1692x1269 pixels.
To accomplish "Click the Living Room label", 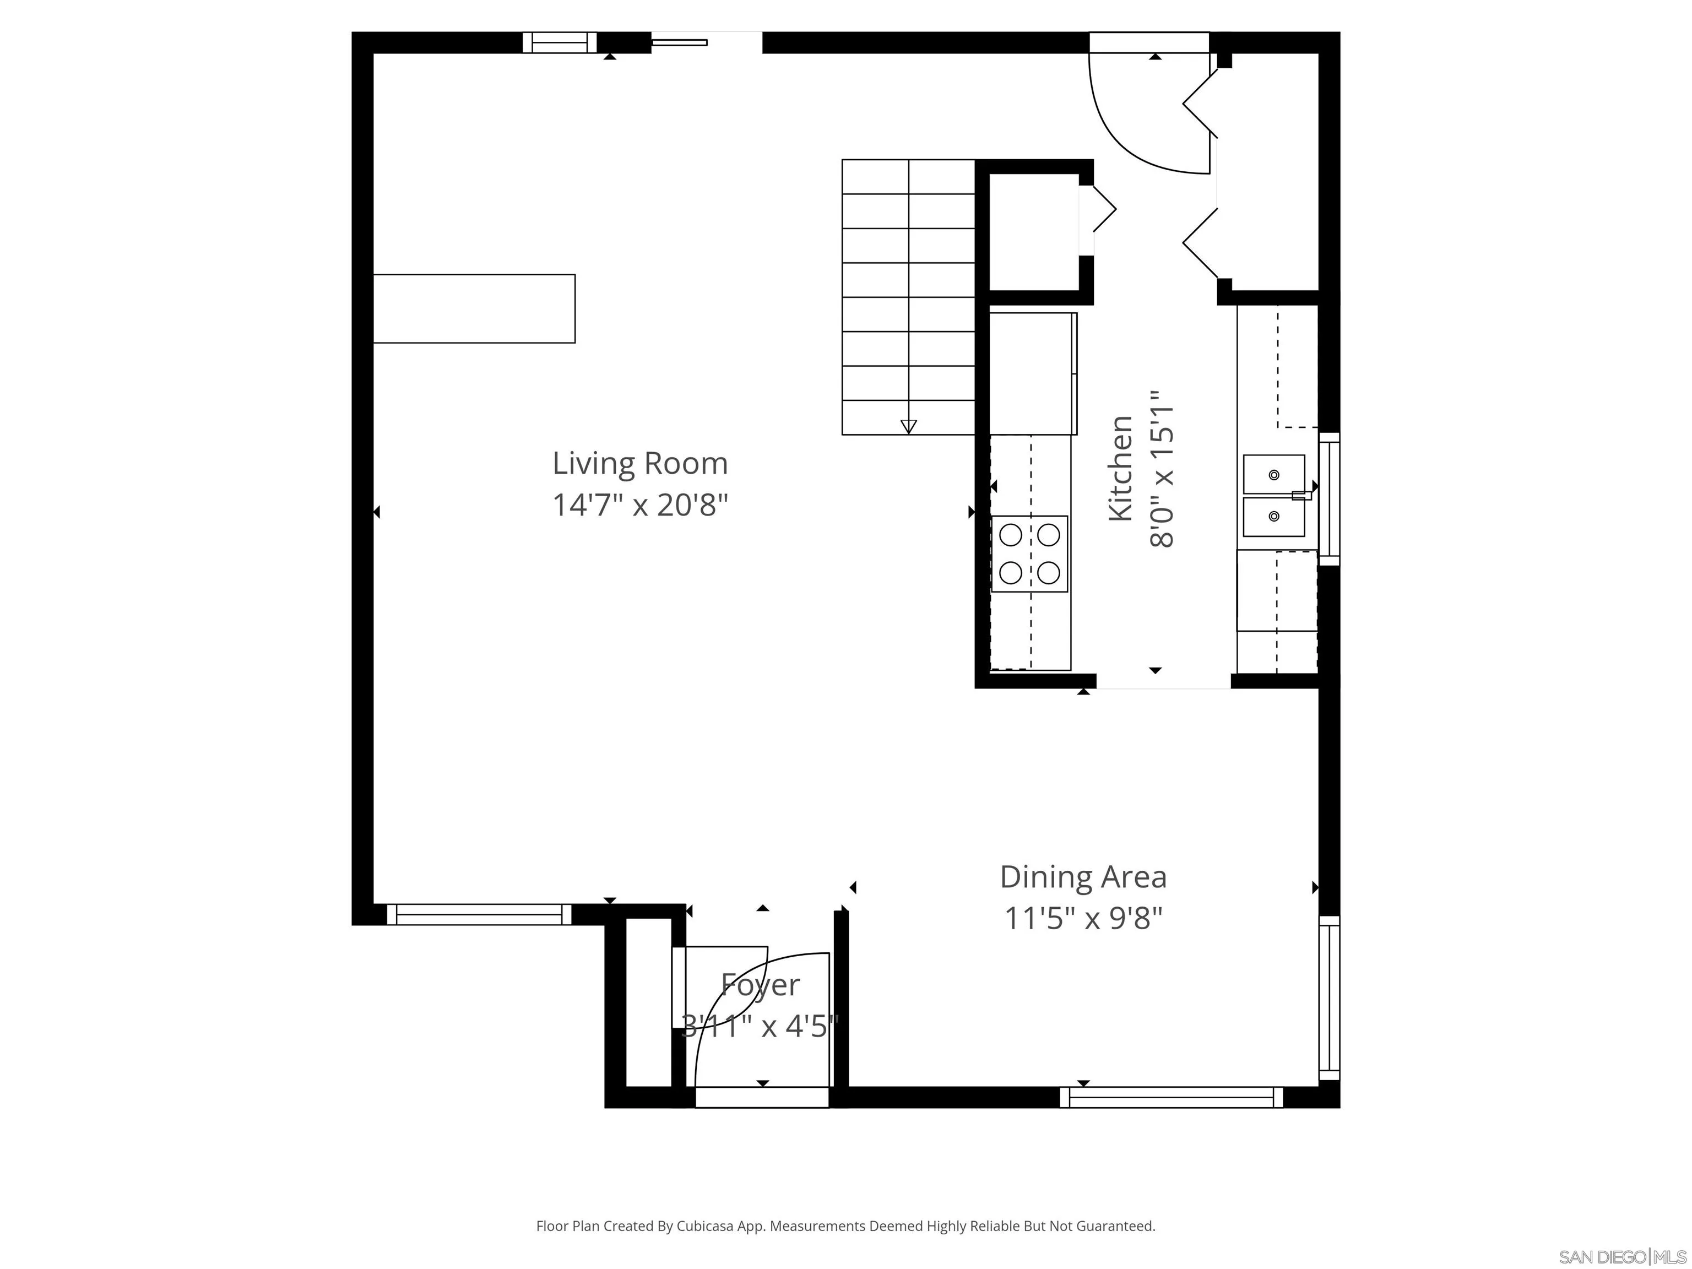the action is tap(639, 464).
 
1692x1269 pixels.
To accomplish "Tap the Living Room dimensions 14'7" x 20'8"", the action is tap(639, 505).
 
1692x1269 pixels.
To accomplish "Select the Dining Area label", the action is tap(1083, 877).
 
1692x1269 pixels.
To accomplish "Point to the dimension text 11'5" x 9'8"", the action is tap(1083, 918).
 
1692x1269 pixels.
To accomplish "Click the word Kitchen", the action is tap(1121, 468).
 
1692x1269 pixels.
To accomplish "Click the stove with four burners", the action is tap(1029, 554).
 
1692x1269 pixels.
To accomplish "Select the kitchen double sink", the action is tap(1275, 496).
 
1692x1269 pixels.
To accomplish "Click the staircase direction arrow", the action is tap(909, 427).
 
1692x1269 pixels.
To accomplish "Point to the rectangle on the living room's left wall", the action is tap(474, 308).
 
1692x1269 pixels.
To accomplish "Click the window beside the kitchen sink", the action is tap(1330, 498).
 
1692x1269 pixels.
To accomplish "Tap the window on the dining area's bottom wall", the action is tap(1171, 1097).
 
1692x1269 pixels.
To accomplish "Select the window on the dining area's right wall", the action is tap(1330, 997).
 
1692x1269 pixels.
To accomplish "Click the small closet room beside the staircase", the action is tap(1034, 232).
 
